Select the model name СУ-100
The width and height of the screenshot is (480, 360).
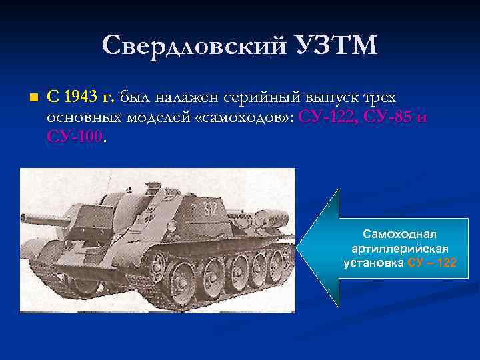point(75,137)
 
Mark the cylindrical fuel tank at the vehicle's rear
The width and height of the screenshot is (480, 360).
point(274,215)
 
